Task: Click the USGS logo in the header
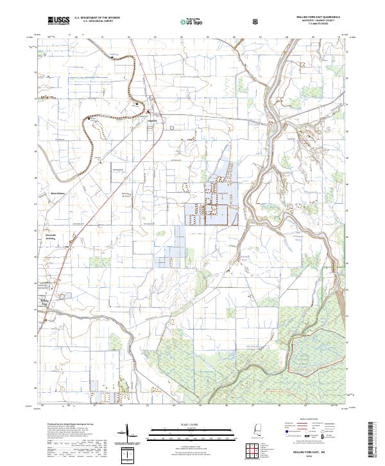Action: click(x=58, y=21)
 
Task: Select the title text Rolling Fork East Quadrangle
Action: click(x=318, y=17)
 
